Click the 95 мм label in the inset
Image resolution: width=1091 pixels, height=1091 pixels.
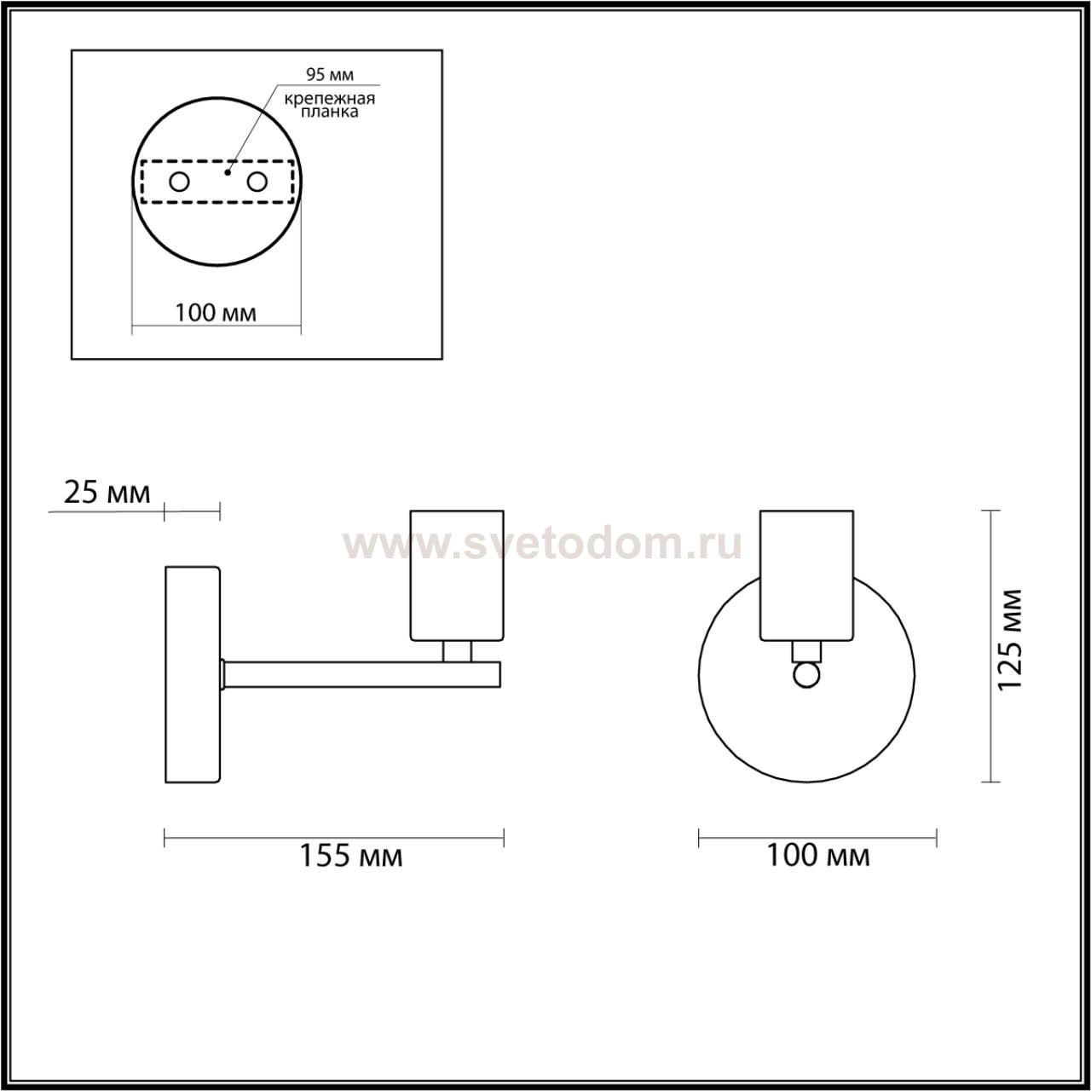(330, 75)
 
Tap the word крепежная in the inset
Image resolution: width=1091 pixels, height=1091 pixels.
(330, 99)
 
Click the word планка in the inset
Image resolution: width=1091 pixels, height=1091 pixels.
(329, 112)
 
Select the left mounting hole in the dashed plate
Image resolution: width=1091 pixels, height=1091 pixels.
(180, 182)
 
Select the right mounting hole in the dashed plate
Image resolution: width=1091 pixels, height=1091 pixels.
(257, 182)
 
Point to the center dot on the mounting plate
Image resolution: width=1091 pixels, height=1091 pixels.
(228, 172)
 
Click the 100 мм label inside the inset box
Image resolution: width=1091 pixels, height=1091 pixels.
(216, 312)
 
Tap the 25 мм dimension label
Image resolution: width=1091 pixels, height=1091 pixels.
(107, 493)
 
